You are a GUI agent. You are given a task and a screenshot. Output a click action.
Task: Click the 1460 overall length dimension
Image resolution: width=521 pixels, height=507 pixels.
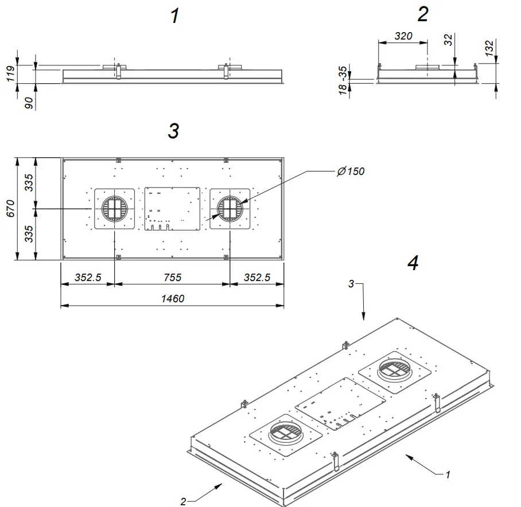point(173,298)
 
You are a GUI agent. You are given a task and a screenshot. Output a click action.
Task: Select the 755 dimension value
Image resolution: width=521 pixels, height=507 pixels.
point(172,278)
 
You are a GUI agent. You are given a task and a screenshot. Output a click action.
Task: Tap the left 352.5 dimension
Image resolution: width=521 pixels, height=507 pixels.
point(88,278)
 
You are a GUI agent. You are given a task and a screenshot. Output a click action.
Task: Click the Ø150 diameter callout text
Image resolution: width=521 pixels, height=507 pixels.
point(351,171)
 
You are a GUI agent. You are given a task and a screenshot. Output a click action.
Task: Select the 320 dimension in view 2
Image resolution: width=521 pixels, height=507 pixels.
point(404,36)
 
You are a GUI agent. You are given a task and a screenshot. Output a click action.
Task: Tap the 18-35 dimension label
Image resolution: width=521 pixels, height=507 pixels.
point(343,80)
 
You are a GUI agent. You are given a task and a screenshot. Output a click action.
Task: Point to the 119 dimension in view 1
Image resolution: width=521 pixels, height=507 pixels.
point(10,74)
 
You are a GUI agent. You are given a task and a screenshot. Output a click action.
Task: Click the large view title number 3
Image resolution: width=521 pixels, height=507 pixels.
point(173,131)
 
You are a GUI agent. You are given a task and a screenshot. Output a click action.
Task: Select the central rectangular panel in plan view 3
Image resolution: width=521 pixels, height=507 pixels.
point(172,208)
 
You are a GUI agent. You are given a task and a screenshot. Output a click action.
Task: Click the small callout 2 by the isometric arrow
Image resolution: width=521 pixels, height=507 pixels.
point(183,501)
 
